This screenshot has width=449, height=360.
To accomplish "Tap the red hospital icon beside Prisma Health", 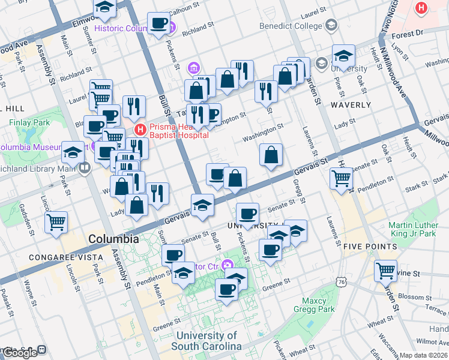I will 140,129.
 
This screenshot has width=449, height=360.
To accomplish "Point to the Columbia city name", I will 115,239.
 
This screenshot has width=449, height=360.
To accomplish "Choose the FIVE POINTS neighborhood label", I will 370,247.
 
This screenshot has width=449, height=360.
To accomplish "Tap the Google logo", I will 20,352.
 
